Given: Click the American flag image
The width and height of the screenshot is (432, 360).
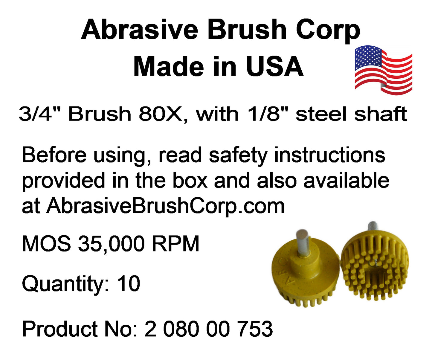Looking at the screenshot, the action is (383, 70).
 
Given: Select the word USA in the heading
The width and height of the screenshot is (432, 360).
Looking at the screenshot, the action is (275, 66).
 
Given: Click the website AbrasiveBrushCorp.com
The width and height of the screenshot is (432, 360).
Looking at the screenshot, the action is (165, 207).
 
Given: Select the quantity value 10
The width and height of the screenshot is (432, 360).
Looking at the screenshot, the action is (129, 283).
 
